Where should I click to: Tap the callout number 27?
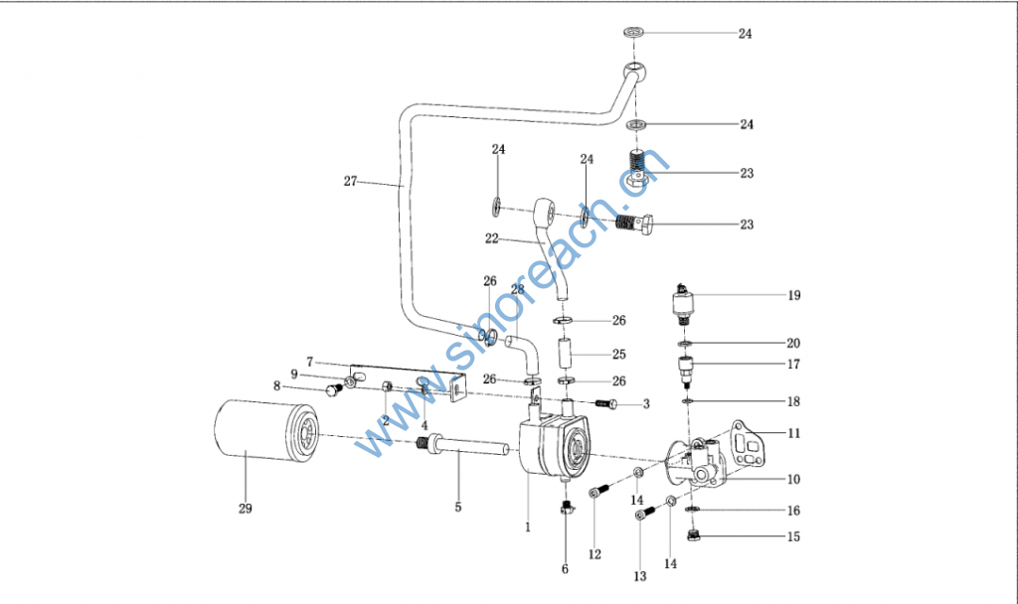350,182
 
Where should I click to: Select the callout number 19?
793,295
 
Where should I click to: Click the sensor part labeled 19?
685,302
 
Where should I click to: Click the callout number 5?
458,508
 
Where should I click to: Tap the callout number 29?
245,510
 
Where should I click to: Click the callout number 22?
491,238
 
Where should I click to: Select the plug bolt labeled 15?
695,537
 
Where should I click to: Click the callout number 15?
793,537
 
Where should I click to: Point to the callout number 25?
618,355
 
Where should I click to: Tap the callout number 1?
528,528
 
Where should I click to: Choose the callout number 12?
594,553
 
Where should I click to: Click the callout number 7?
310,361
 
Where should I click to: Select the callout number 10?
793,480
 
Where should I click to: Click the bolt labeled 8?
334,390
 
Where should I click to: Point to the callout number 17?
793,365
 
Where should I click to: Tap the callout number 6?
565,569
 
